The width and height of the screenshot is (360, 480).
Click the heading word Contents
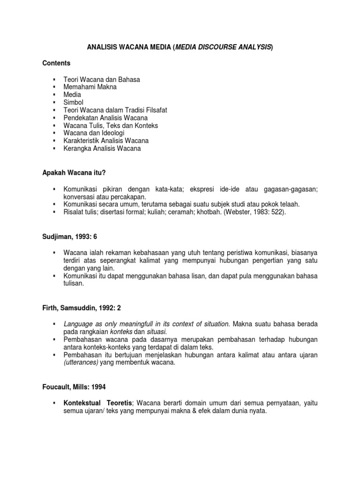(x=56, y=63)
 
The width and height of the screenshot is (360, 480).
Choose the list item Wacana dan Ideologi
(x=94, y=133)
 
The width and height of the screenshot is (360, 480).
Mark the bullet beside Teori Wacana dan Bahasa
(x=55, y=79)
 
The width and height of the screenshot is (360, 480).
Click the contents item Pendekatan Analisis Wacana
(x=105, y=118)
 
